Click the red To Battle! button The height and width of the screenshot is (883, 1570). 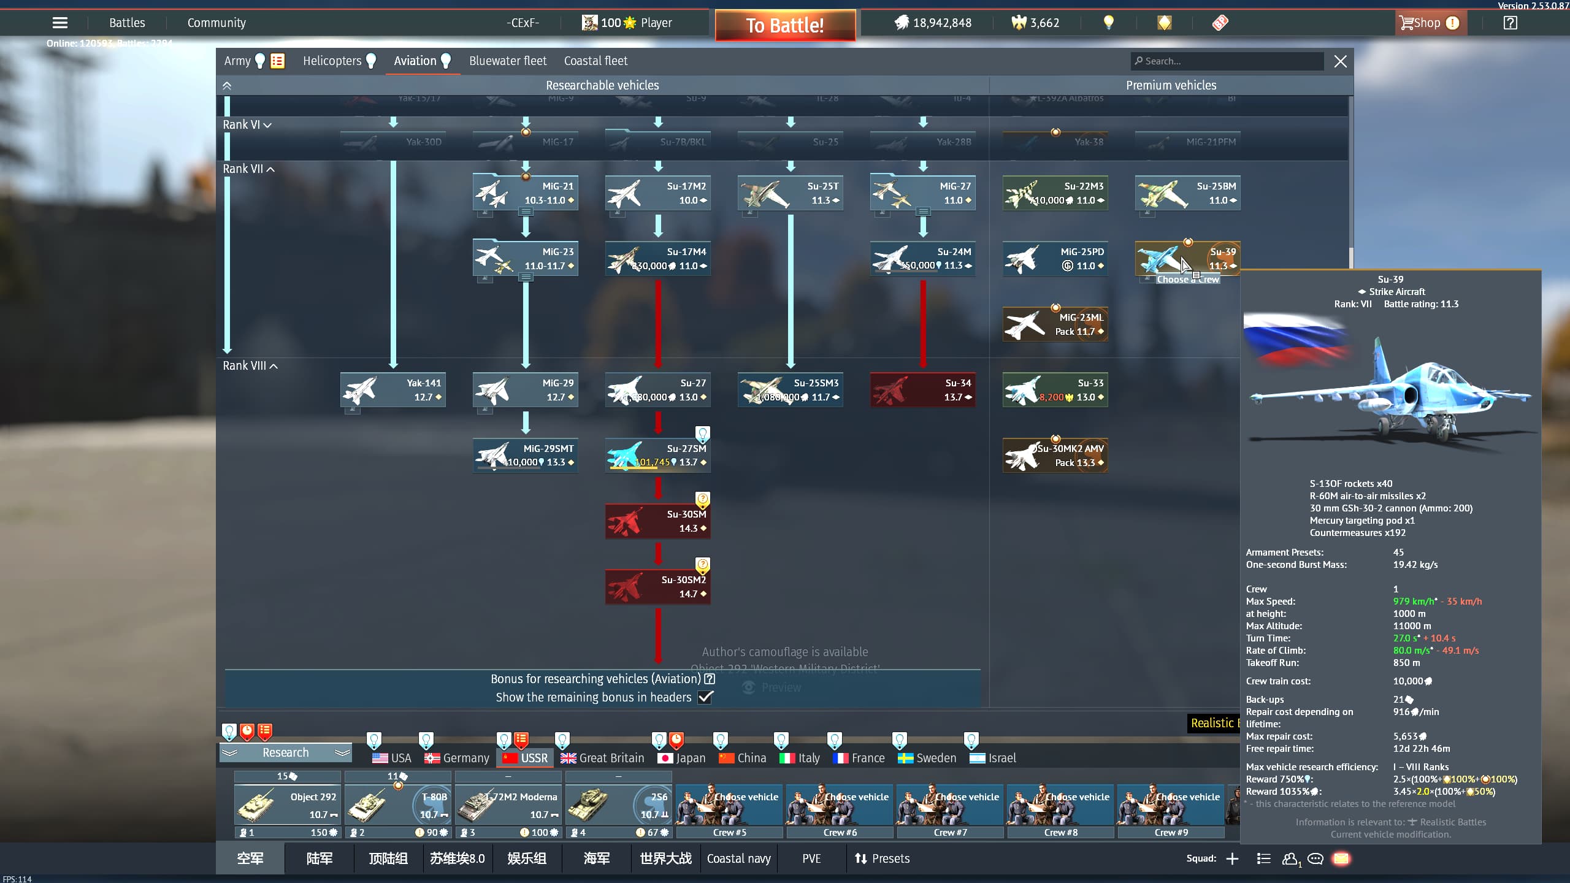(x=785, y=25)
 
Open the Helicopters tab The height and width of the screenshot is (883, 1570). (x=332, y=61)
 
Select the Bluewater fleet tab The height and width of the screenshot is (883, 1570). (x=508, y=61)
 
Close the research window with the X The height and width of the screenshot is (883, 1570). (x=1341, y=61)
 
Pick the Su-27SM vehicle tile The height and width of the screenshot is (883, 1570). (x=658, y=455)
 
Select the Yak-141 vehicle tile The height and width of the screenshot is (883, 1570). (x=393, y=389)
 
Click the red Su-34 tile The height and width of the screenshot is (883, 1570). (x=923, y=389)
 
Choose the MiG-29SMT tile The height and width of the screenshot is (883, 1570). (x=526, y=455)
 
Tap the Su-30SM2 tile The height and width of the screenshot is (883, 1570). (x=658, y=586)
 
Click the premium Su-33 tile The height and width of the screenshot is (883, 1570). (x=1055, y=389)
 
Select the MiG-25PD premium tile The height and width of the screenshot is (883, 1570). (x=1055, y=258)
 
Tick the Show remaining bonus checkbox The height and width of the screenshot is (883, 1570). (x=705, y=697)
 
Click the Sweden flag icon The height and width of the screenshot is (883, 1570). (x=906, y=759)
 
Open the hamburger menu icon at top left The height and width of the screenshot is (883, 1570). (x=60, y=23)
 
